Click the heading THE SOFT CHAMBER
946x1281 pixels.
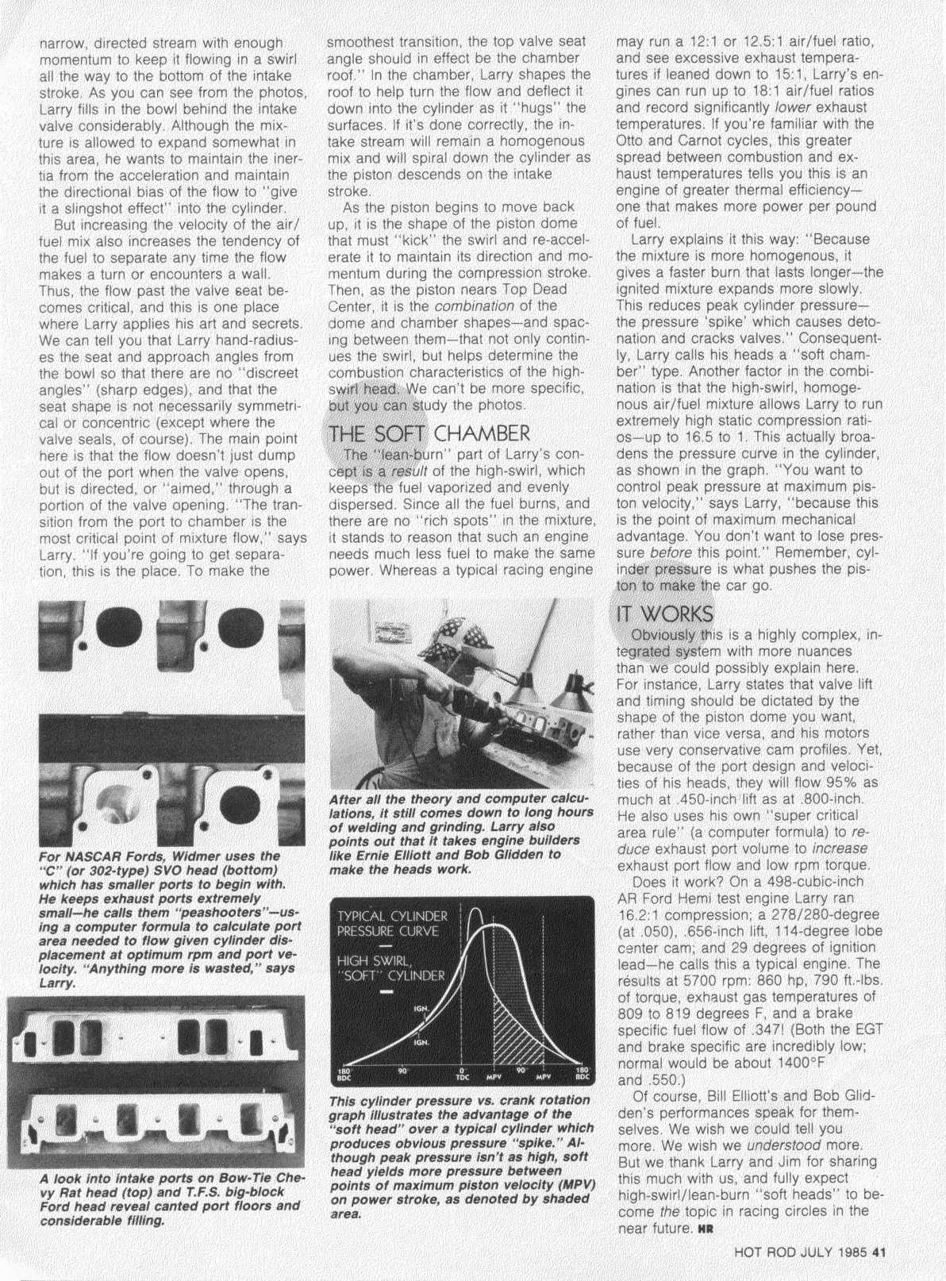(x=429, y=434)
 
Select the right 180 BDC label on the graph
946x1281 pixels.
(x=583, y=1076)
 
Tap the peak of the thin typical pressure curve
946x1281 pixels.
(x=475, y=910)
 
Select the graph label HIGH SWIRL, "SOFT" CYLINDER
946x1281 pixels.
(x=392, y=968)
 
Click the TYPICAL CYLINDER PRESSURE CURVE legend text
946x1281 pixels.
(x=393, y=923)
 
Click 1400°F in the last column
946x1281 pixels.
(x=796, y=1063)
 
